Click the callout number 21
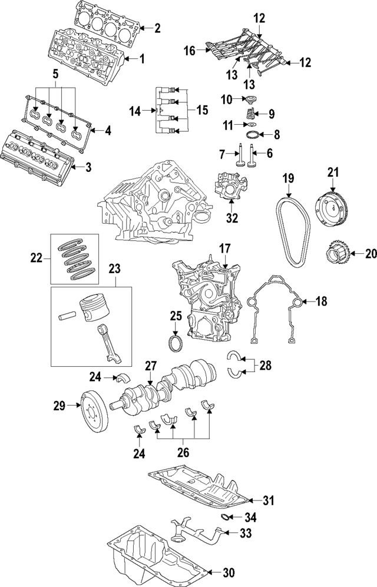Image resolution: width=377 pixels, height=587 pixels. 333,172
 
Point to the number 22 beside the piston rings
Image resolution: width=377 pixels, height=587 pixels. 37,257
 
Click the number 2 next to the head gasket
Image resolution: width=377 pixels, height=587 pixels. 157,27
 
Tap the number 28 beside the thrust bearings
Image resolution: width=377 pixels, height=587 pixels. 266,366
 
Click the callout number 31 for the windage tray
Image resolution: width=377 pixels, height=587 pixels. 269,501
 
